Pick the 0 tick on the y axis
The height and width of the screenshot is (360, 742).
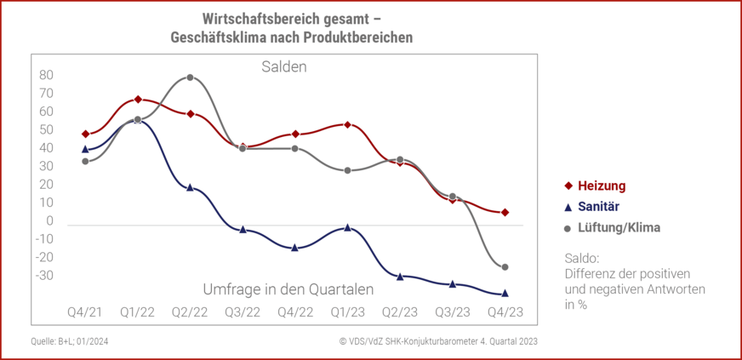[x=50, y=221]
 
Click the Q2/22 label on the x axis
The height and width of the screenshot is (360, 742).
[x=190, y=311]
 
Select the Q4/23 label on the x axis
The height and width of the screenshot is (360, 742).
[x=505, y=311]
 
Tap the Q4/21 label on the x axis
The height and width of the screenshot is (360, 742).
[x=85, y=311]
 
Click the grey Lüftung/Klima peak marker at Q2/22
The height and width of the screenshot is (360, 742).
[x=190, y=77]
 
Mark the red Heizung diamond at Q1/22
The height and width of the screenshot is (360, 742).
[x=138, y=100]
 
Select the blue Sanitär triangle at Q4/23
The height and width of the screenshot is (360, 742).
[x=505, y=293]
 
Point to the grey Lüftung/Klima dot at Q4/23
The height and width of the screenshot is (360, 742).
[x=505, y=267]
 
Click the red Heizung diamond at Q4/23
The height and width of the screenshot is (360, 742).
[x=505, y=212]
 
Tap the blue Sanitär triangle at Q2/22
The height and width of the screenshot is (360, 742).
[x=190, y=187]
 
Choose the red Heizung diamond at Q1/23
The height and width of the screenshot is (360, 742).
[x=348, y=125]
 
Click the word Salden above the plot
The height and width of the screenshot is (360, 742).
[x=283, y=66]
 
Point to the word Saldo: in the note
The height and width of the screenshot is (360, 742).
[x=582, y=257]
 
